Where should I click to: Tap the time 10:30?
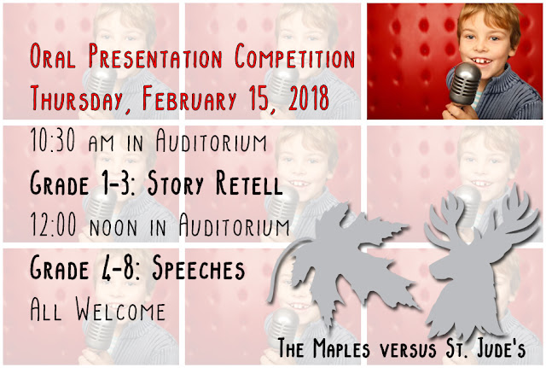click(x=53, y=139)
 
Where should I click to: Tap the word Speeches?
click(x=199, y=268)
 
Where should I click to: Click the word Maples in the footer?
click(x=341, y=348)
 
